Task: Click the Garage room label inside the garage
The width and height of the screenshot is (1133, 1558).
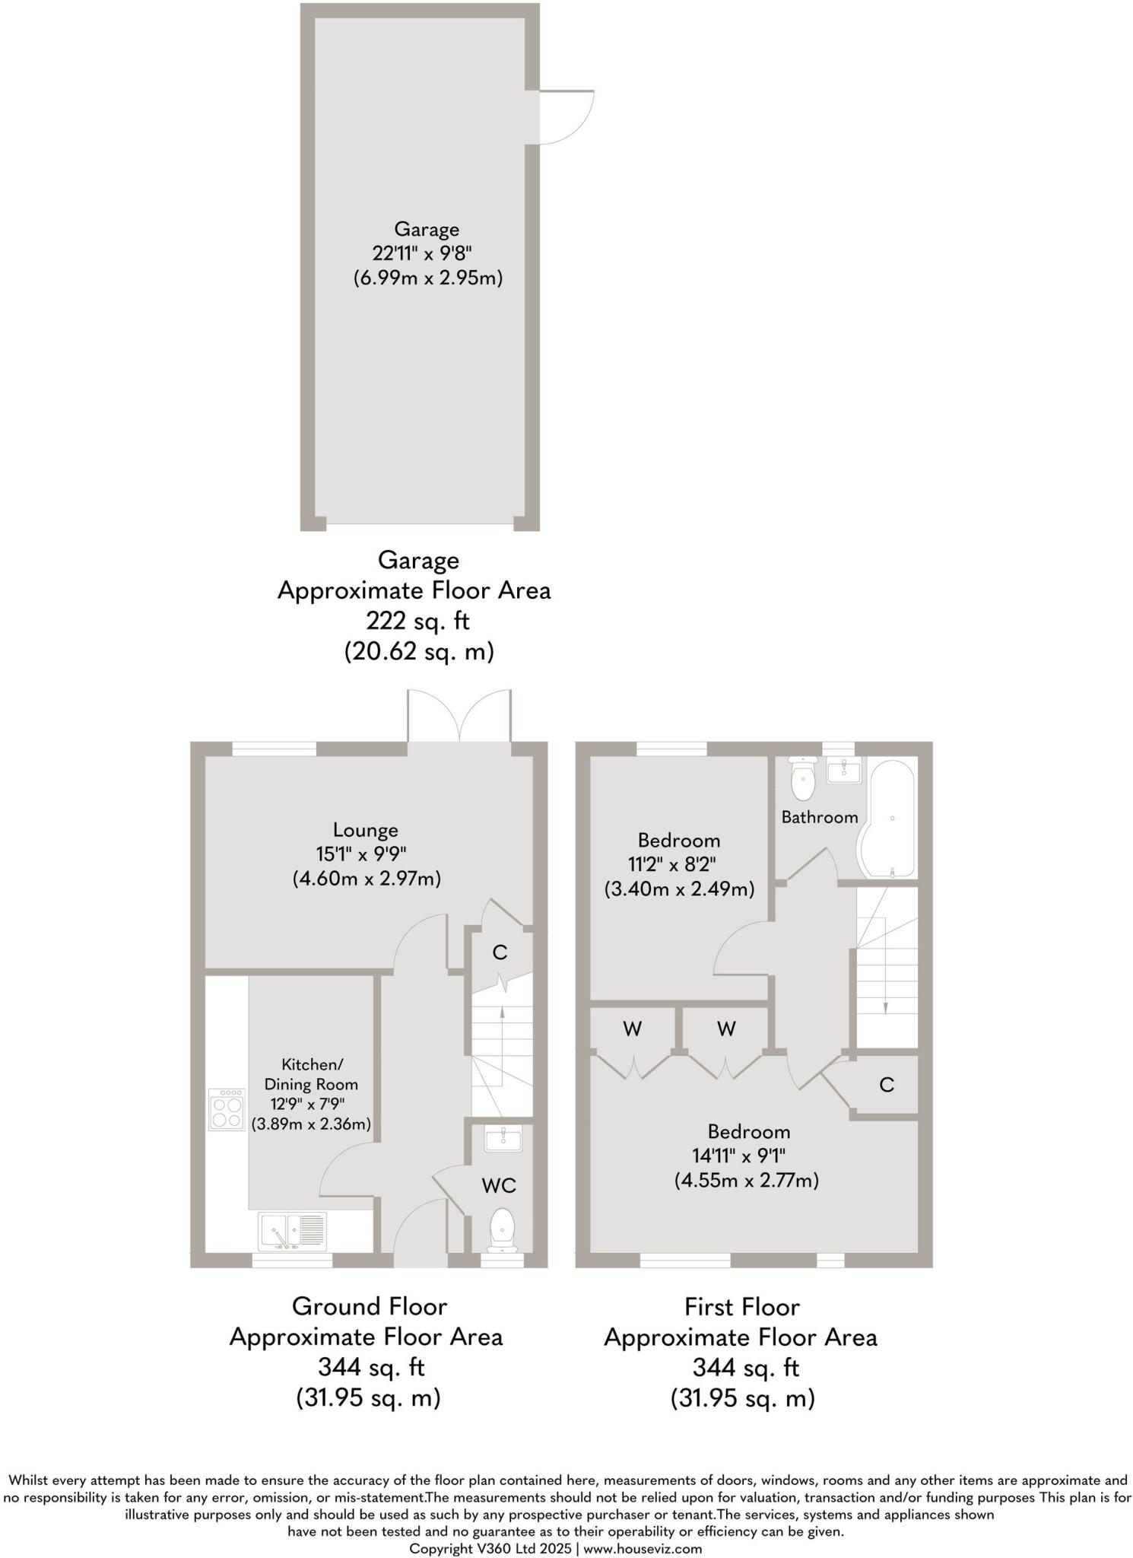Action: (426, 229)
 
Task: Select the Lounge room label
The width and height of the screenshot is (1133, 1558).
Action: (365, 830)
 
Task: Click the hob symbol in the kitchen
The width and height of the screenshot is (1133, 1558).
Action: (227, 1110)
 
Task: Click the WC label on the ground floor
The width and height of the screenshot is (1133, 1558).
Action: (498, 1185)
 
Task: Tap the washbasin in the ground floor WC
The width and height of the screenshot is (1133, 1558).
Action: (503, 1139)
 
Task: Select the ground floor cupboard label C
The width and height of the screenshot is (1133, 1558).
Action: (500, 952)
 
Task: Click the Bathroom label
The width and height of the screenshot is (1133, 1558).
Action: (820, 817)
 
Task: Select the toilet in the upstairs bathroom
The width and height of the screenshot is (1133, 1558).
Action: (803, 778)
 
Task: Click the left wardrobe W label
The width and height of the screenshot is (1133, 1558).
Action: (632, 1029)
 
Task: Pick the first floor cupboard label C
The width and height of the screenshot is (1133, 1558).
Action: (886, 1085)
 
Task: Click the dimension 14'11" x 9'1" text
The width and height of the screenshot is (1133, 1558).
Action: (738, 1156)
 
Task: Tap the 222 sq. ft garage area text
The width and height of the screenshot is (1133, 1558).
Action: (417, 621)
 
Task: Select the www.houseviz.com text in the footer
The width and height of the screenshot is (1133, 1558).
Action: (643, 1548)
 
